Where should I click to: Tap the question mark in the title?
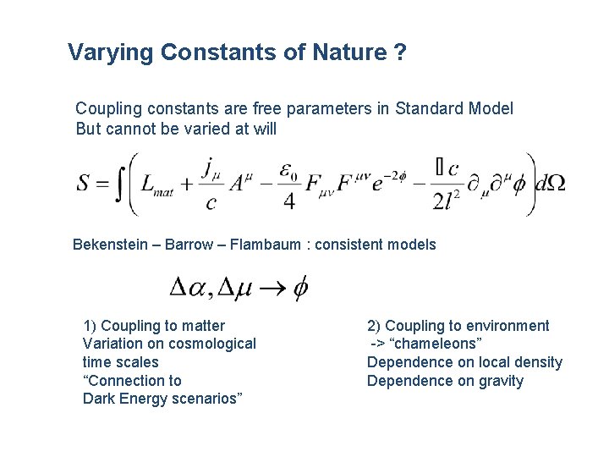tap(399, 52)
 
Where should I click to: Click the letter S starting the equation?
tap(85, 184)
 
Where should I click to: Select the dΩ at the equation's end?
tap(550, 183)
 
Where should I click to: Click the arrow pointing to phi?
tap(272, 289)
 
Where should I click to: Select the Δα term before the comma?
tap(190, 289)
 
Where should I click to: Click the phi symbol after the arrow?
tap(300, 289)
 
